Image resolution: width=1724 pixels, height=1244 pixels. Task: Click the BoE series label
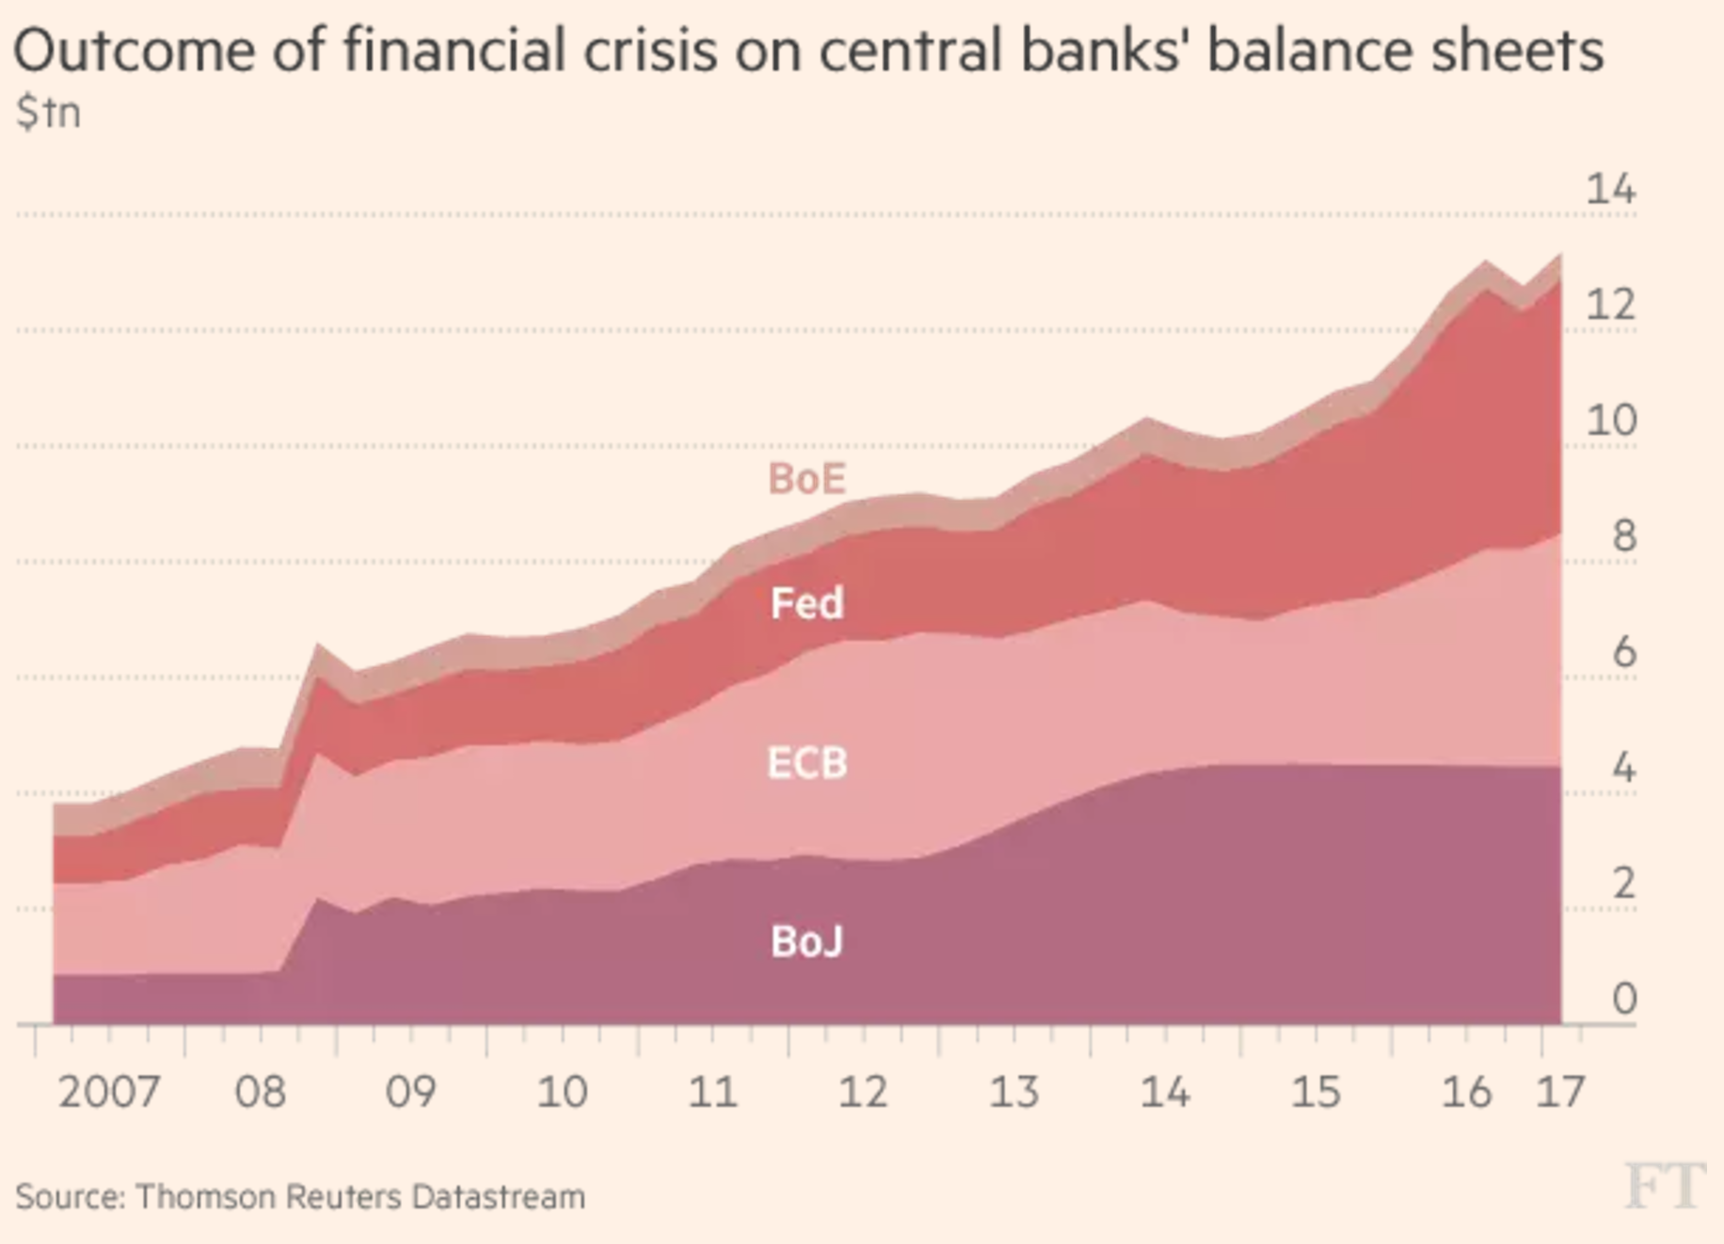[x=806, y=479]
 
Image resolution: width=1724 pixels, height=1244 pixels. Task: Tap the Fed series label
[x=806, y=603]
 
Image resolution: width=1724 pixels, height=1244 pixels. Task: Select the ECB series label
[x=806, y=763]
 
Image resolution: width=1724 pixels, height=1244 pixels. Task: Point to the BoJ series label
[x=806, y=941]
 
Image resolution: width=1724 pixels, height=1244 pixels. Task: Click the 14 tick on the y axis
[x=1610, y=190]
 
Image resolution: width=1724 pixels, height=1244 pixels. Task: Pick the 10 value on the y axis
[x=1610, y=420]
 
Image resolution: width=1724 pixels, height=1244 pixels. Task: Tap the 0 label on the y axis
[x=1623, y=998]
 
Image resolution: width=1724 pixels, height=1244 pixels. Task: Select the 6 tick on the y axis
[x=1623, y=651]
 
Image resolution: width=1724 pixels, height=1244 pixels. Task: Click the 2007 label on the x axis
[x=108, y=1092]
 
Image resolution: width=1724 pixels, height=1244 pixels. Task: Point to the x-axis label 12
[x=863, y=1092]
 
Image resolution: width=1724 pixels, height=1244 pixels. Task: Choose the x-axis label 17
[x=1560, y=1092]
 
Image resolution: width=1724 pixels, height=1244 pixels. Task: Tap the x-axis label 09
[x=410, y=1092]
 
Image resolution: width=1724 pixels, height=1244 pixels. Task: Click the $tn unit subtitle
[x=48, y=113]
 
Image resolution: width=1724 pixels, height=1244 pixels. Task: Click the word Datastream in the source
[x=498, y=1197]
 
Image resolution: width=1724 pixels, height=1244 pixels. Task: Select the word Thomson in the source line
[x=205, y=1197]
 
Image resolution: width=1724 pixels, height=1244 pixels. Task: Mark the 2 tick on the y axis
[x=1623, y=883]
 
